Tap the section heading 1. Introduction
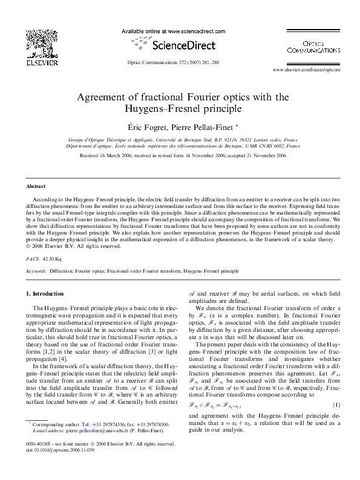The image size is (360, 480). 45,294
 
